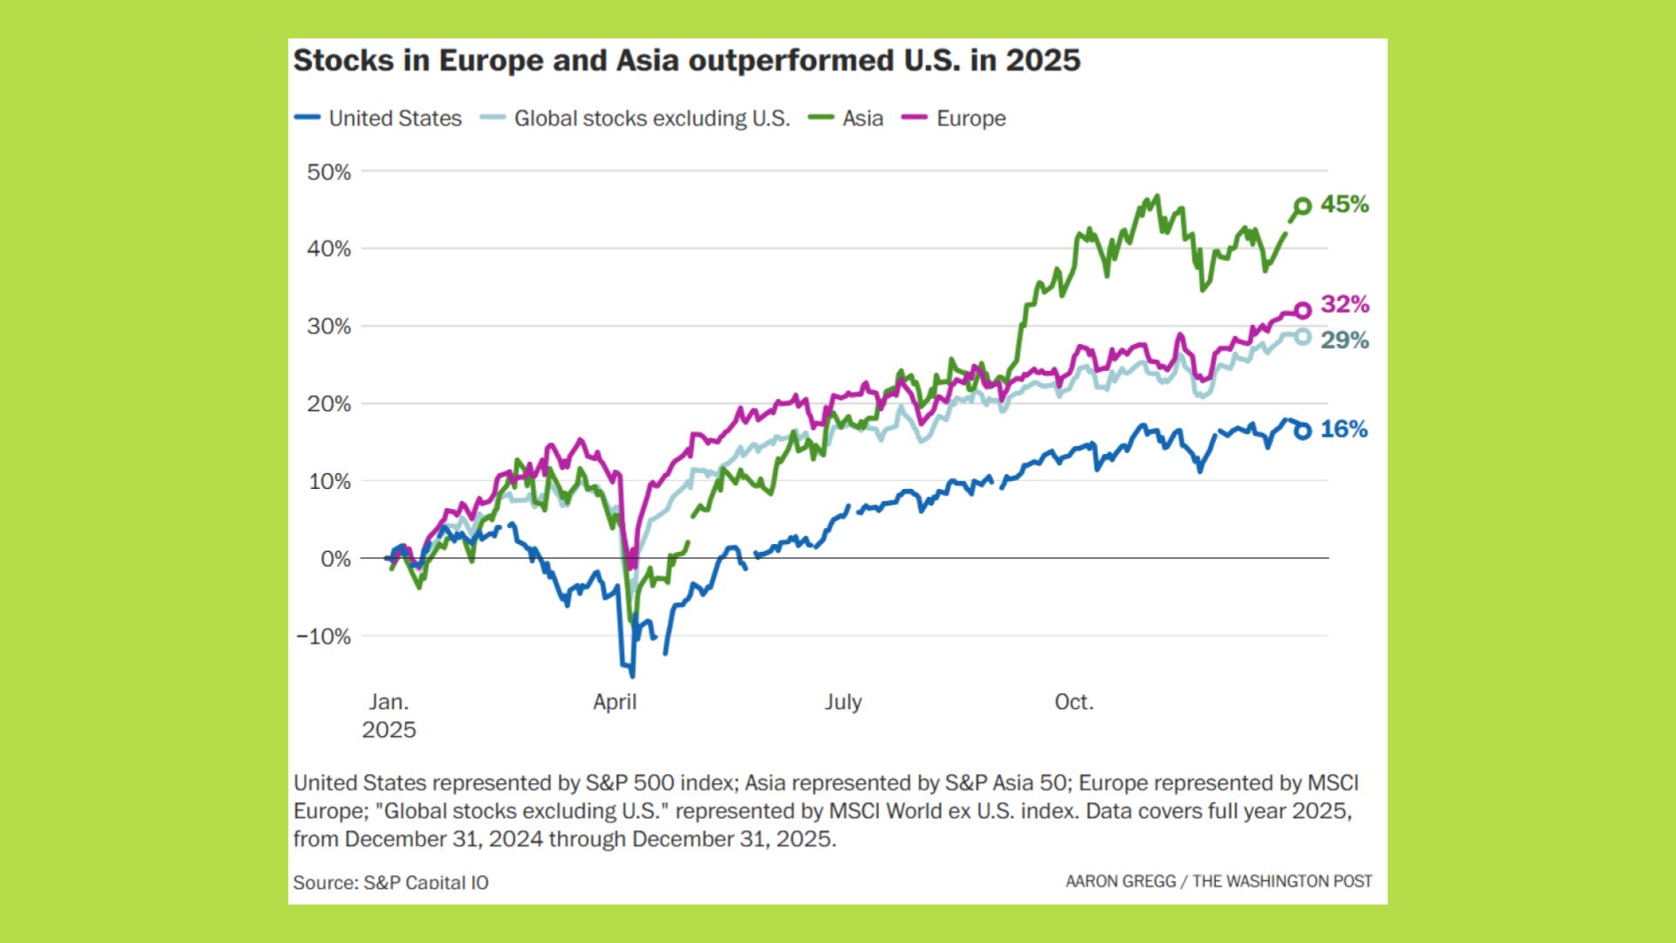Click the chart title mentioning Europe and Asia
(686, 60)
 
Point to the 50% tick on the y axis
(329, 172)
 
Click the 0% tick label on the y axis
(335, 559)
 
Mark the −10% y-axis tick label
(324, 637)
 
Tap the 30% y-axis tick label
(329, 327)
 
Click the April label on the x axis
(615, 702)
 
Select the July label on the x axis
(842, 702)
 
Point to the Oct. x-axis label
(1074, 702)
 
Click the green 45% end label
(1344, 205)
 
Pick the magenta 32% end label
(1344, 305)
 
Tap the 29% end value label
(1344, 341)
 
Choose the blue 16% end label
(1344, 430)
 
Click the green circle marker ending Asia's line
(1302, 207)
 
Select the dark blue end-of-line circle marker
(1302, 430)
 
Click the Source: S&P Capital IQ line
(391, 882)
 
